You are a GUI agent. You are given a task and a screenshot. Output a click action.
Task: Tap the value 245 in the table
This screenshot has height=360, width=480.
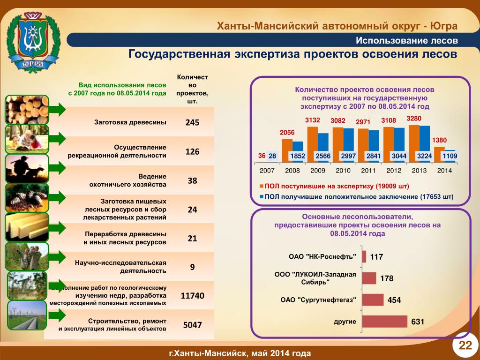[192, 122]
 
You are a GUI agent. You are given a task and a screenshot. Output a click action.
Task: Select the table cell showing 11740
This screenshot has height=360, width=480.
[192, 296]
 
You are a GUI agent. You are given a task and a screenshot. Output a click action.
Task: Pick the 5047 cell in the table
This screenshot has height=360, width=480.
[192, 324]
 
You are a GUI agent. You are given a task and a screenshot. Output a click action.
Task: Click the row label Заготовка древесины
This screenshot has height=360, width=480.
[130, 122]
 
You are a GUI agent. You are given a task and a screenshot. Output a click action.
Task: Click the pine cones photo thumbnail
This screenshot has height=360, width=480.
[27, 198]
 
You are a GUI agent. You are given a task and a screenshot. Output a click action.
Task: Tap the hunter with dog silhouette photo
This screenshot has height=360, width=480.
[27, 168]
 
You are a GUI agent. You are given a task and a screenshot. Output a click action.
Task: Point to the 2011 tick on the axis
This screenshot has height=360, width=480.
[368, 171]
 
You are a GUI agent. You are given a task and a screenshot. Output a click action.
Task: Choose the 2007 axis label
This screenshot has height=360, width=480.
[267, 171]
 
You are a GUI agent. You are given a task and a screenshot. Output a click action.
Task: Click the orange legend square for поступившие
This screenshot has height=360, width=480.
[261, 186]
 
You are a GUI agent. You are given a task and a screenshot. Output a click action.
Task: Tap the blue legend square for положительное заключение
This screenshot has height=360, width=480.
[261, 197]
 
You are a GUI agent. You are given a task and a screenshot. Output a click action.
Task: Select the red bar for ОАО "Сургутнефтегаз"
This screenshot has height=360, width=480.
[373, 300]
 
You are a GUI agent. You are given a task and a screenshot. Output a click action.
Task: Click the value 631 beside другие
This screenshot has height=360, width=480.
[418, 322]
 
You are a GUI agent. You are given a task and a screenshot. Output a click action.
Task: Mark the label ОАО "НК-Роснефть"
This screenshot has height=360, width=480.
[322, 257]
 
